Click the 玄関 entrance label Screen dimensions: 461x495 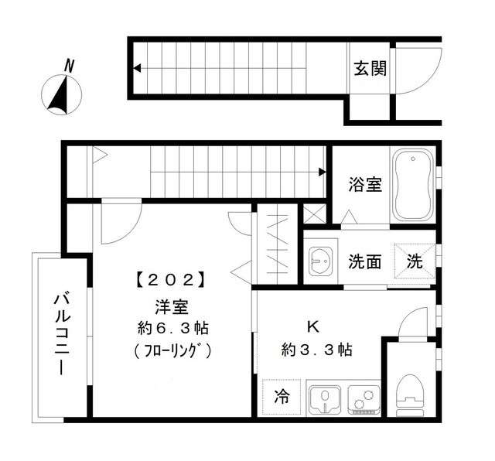(370, 69)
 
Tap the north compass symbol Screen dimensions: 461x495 (60, 94)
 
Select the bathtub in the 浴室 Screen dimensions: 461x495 (413, 186)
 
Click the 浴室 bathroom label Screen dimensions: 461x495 (364, 185)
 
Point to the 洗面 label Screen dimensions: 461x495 (364, 261)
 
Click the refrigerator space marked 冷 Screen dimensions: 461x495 (282, 398)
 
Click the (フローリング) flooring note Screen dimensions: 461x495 (171, 350)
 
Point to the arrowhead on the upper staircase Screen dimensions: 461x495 (137, 69)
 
